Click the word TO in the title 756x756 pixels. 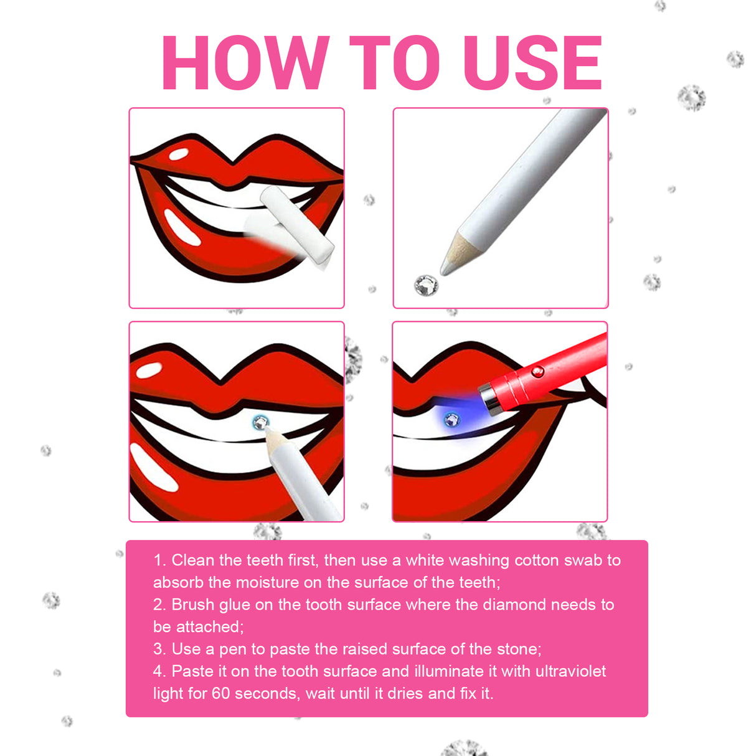pos(394,63)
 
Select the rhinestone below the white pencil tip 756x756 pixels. pos(426,285)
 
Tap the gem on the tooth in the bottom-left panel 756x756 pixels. pos(260,423)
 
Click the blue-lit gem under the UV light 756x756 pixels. pos(451,420)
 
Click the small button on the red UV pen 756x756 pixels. pos(537,372)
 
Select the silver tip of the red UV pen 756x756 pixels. pos(490,399)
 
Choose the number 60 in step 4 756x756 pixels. pos(220,694)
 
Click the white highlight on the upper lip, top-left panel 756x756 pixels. pos(179,153)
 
